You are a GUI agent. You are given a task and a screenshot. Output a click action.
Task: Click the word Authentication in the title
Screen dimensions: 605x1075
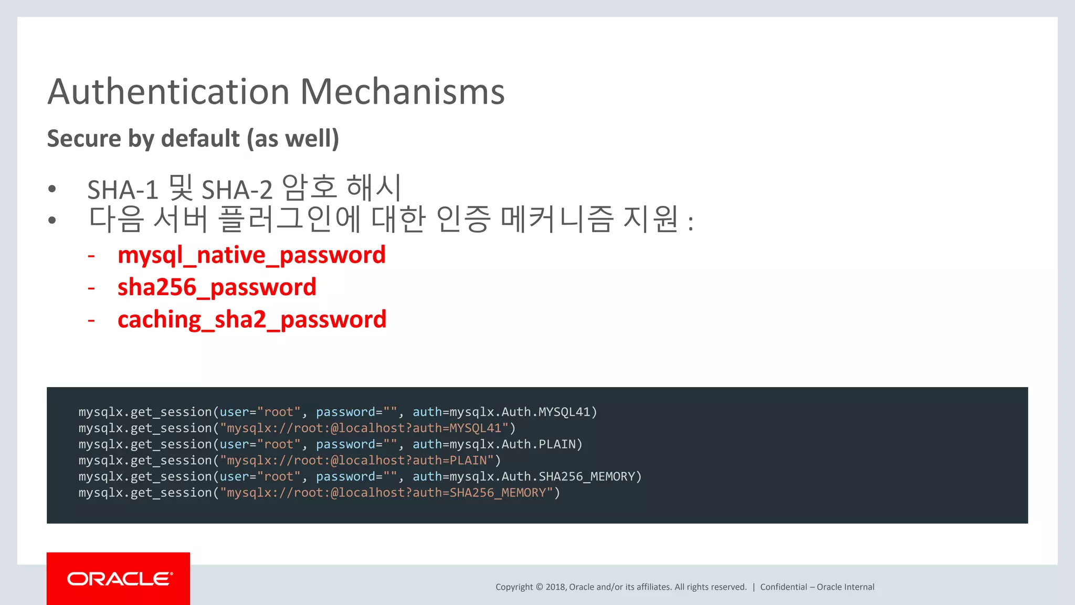168,92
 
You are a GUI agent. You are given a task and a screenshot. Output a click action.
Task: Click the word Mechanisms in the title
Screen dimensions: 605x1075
402,92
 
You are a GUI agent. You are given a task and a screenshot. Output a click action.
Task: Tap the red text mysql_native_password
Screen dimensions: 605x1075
251,255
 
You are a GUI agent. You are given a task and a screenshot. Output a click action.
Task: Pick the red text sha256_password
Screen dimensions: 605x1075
217,288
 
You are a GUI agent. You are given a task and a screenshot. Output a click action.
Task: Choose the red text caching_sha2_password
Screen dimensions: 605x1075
252,320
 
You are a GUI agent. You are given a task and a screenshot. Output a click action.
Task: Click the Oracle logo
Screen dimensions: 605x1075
119,579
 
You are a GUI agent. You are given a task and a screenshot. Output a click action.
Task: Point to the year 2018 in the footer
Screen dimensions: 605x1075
555,587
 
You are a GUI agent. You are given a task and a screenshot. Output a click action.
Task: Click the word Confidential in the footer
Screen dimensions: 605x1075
783,587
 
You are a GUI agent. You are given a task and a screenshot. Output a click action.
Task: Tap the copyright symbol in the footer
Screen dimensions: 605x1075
539,587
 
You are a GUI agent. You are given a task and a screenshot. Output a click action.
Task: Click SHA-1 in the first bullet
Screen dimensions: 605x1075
123,190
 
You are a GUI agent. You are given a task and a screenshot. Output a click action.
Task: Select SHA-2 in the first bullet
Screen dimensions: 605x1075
237,190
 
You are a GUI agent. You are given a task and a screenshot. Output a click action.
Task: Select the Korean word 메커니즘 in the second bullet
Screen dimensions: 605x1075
557,220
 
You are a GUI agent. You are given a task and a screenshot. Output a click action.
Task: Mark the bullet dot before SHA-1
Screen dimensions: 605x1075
52,189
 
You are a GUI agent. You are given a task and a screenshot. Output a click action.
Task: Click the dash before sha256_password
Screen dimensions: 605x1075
91,288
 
